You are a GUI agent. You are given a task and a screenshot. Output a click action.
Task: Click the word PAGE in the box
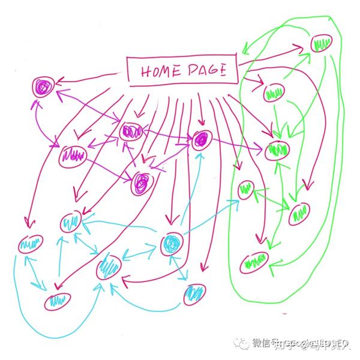pyautogui.click(x=206, y=71)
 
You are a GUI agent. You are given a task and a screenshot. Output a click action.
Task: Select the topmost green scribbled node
pyautogui.click(x=322, y=44)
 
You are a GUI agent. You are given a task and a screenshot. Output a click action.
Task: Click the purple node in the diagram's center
pyautogui.click(x=200, y=139)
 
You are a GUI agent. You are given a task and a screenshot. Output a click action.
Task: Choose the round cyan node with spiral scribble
pyautogui.click(x=170, y=242)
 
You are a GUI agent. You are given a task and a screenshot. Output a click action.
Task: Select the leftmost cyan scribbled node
pyautogui.click(x=30, y=244)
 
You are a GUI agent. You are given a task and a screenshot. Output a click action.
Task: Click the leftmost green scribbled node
pyautogui.click(x=245, y=190)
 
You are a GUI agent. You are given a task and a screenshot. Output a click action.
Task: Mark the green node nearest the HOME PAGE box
pyautogui.click(x=275, y=92)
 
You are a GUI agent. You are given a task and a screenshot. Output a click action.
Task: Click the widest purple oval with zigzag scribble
pyautogui.click(x=73, y=155)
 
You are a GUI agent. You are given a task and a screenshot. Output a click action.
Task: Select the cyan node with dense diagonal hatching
pyautogui.click(x=109, y=267)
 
